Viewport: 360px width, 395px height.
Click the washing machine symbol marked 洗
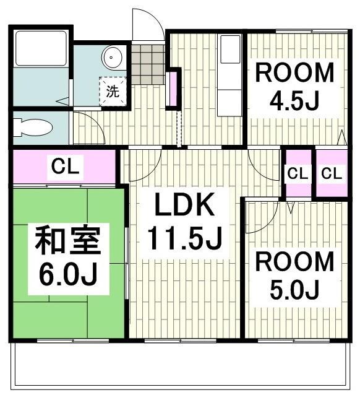(113, 92)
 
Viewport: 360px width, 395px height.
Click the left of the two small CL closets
(298, 174)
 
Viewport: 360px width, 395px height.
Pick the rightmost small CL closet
(331, 174)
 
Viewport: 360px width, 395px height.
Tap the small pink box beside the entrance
(174, 87)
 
